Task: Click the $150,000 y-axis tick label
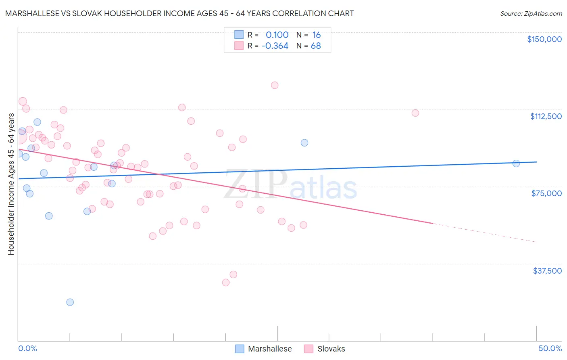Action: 544,39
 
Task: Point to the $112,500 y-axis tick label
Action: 546,116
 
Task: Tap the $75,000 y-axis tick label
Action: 546,193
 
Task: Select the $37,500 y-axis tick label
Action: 547,271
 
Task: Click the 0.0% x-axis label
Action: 27,348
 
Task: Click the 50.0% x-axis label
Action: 550,348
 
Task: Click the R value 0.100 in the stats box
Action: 277,35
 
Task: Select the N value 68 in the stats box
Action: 316,46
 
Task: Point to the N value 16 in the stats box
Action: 317,35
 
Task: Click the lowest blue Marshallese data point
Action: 70,302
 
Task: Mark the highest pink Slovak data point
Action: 275,85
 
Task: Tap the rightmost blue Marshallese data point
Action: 516,163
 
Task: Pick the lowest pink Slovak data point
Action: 226,283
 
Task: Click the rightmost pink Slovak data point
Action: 415,113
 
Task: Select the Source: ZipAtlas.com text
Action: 531,14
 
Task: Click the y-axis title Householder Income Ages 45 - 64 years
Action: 11,184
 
